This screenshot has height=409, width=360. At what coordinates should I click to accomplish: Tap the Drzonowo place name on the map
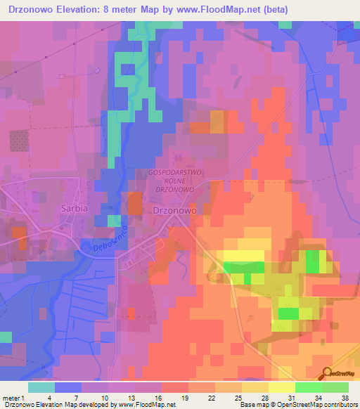point(174,209)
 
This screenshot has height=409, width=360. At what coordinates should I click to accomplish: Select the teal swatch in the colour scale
point(41,387)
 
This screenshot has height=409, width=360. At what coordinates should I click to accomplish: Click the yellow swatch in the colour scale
point(281,387)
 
